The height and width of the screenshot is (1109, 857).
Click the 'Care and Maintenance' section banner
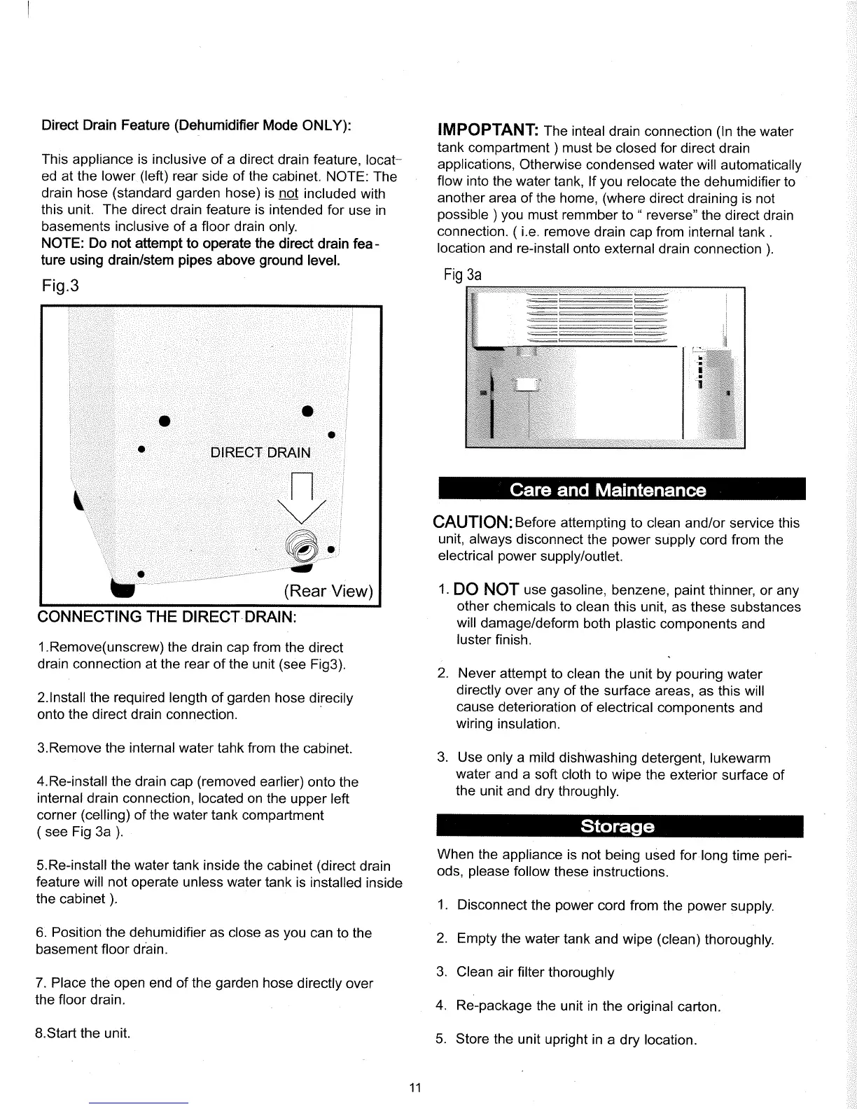point(608,489)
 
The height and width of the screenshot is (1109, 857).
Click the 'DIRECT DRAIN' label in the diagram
point(260,452)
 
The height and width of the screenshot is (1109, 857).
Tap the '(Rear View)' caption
point(328,591)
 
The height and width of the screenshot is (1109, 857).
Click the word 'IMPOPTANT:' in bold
point(487,131)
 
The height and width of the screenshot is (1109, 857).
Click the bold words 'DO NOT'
point(486,590)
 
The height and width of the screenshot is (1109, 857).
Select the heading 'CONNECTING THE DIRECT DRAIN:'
point(167,618)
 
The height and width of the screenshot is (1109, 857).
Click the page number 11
point(414,1087)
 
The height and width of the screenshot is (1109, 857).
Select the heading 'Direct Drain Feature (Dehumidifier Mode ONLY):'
point(197,125)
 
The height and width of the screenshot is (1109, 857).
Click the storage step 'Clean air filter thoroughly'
point(535,972)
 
